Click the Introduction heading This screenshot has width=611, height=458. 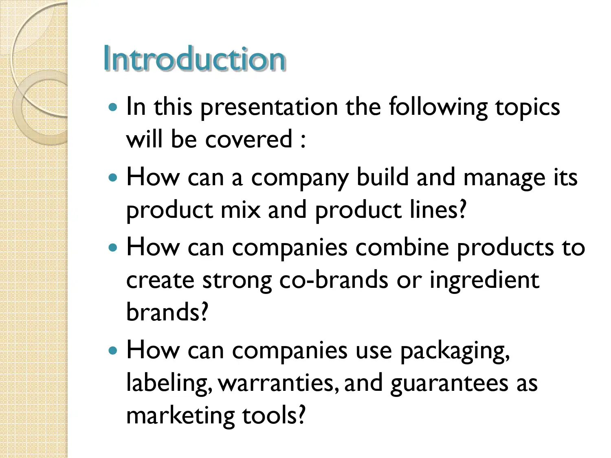194,59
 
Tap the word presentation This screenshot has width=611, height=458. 269,107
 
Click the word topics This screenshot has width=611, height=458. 527,107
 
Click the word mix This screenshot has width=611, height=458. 240,210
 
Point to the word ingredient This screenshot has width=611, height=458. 484,281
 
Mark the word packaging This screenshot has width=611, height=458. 455,351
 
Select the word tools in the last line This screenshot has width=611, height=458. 273,415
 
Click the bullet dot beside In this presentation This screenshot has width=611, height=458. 113,107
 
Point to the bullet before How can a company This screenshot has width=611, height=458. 113,178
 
